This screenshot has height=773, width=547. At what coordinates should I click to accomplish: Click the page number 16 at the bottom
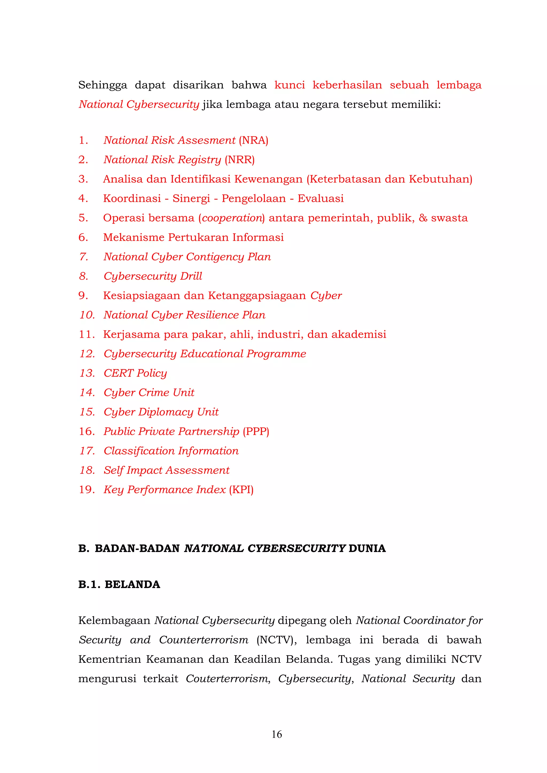[276, 734]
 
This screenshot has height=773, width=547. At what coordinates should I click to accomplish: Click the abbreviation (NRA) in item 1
[253, 140]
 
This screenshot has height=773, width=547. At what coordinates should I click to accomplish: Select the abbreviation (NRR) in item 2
[240, 160]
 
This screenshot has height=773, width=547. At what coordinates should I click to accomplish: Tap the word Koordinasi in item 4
[132, 199]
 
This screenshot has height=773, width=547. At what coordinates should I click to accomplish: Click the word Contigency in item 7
[215, 257]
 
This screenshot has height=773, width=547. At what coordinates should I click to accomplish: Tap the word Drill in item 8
[191, 276]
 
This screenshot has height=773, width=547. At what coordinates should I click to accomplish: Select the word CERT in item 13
[118, 373]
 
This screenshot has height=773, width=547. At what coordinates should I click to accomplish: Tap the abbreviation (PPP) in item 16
[256, 432]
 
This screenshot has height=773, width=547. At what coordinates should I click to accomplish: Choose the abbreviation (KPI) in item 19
[241, 490]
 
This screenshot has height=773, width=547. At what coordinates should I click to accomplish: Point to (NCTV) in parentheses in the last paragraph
[276, 640]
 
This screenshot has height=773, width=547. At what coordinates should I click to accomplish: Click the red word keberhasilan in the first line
[347, 85]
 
